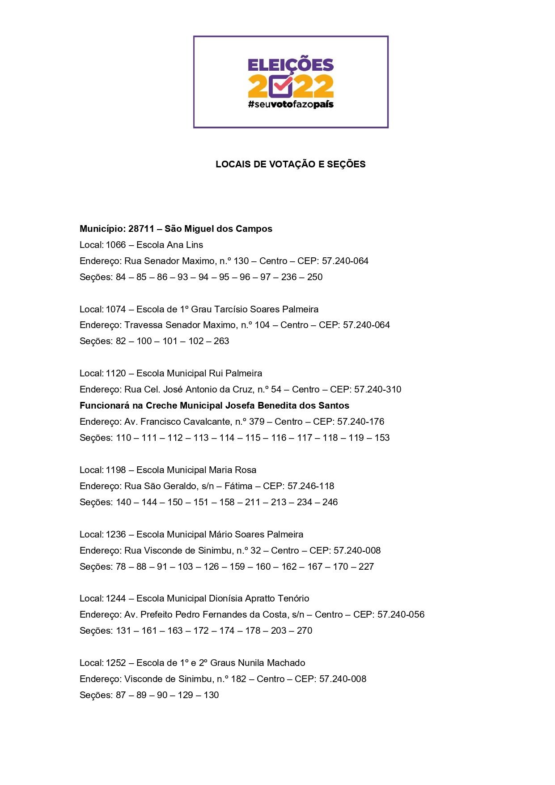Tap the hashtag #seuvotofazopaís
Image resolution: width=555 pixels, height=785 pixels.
(291, 105)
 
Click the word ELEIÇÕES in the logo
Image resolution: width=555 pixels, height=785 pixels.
(291, 65)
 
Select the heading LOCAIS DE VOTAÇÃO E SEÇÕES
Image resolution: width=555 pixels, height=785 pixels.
(291, 164)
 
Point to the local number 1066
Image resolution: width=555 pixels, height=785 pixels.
(116, 245)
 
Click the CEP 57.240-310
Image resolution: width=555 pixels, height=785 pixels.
(378, 389)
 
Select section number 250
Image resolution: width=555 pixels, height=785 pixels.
(315, 277)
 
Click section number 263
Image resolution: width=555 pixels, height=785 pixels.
(221, 341)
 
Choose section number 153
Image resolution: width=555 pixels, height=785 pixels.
(382, 438)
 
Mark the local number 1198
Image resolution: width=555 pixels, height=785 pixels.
(116, 470)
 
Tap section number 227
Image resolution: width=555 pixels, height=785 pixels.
(366, 567)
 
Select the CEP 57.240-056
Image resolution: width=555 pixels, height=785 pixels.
(401, 614)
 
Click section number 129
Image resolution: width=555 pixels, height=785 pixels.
(185, 695)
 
